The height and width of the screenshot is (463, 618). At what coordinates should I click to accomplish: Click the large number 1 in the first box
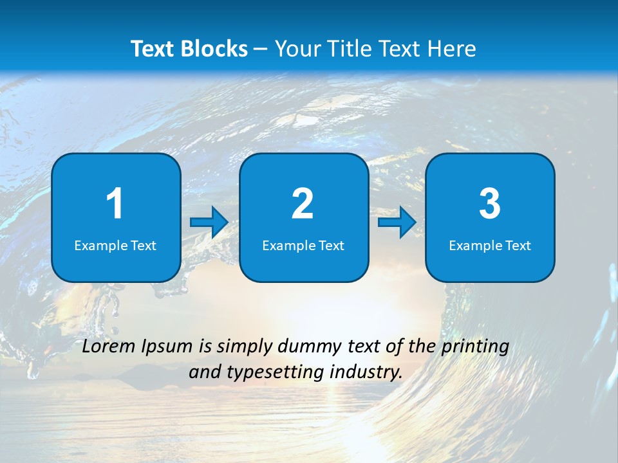115,204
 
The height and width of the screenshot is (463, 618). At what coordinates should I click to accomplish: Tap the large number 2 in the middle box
303,204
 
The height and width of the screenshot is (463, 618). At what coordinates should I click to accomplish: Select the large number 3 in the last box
490,204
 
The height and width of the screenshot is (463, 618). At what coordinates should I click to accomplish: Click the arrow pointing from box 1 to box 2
209,222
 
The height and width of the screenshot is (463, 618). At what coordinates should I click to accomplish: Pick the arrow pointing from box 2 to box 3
397,222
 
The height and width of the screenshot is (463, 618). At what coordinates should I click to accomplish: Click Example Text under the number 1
115,245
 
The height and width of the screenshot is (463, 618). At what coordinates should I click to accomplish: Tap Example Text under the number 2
303,245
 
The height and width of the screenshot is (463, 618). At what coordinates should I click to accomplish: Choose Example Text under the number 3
490,245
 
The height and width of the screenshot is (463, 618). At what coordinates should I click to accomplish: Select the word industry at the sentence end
366,372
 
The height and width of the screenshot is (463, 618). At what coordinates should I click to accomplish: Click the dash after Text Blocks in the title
261,49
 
